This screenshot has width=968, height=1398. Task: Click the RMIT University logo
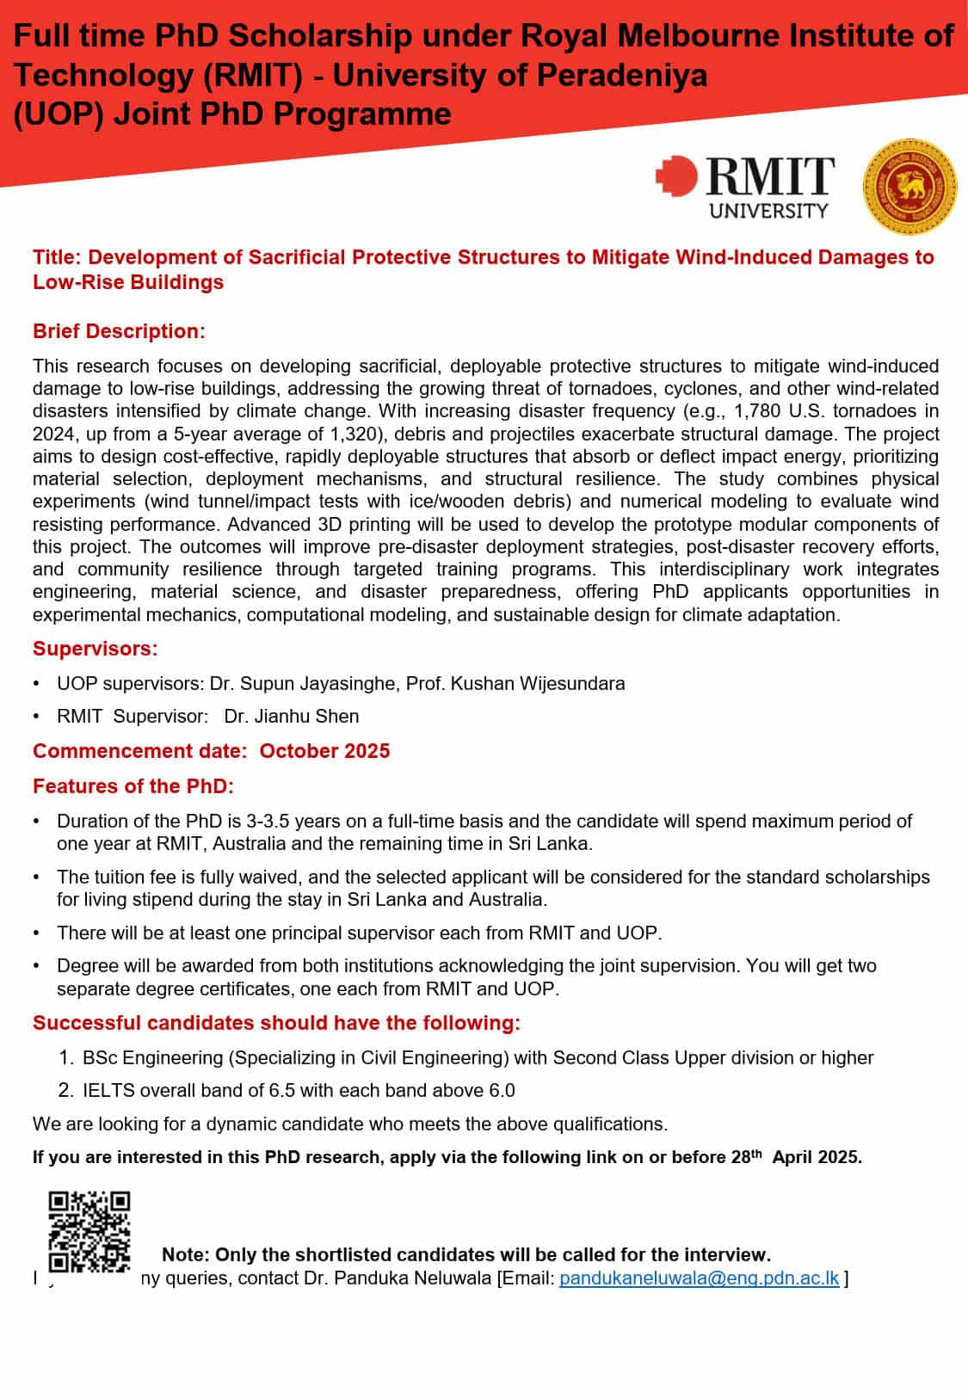coord(745,186)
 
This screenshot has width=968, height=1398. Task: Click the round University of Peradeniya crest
coord(909,187)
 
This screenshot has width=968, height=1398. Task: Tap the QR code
coord(89,1231)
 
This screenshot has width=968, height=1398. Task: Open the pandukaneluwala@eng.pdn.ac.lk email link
coord(699,1278)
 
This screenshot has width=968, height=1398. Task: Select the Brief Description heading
coord(119,331)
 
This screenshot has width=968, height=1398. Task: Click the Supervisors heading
coord(95,649)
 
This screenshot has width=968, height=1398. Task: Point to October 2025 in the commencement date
coord(324,751)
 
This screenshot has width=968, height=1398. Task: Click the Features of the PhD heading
coord(133,786)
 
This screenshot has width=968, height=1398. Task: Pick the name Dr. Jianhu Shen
coord(292,716)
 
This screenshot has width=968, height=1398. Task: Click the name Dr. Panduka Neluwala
coord(398,1278)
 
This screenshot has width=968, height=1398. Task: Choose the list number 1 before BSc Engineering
coord(66,1057)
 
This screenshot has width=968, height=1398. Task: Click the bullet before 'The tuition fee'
coord(36,877)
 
